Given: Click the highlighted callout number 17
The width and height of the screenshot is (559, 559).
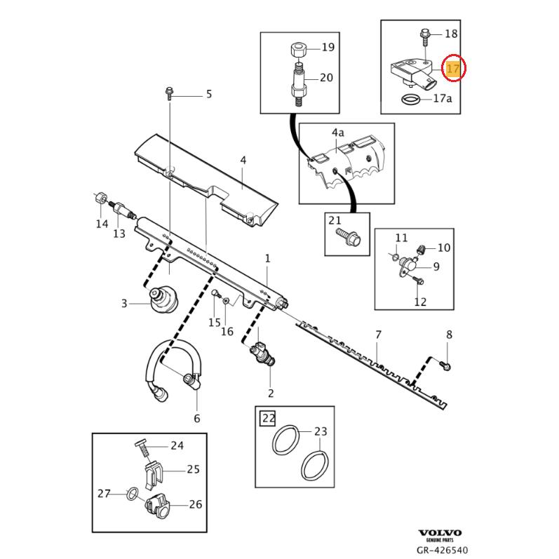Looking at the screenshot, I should pos(453,69).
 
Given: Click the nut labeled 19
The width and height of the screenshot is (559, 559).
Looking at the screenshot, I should pos(297,49).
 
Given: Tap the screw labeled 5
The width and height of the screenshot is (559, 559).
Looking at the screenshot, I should pos(170,92).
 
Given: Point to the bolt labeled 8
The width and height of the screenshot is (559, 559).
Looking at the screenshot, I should pos(447,363).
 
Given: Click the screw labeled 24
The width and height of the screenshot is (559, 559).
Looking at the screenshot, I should pos(139,445).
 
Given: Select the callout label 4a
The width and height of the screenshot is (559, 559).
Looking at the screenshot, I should pos(338,131).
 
